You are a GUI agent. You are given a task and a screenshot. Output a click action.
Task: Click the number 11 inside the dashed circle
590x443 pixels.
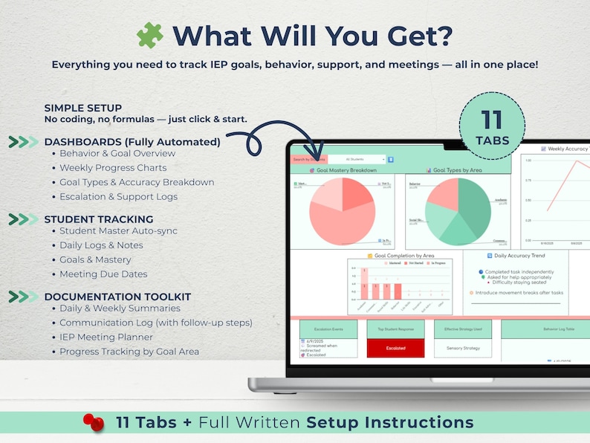491,118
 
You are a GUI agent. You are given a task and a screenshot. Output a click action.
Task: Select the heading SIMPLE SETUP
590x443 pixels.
82,108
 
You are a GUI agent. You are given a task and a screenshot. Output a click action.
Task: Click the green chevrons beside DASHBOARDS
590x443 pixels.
23,142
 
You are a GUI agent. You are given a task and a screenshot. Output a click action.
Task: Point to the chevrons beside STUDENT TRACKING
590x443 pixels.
23,219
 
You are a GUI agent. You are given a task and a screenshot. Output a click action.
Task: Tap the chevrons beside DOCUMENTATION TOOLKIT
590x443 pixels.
23,297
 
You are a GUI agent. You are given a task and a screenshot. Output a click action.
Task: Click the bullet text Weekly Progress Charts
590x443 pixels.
113,168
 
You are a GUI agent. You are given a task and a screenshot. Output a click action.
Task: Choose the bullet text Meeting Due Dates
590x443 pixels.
103,274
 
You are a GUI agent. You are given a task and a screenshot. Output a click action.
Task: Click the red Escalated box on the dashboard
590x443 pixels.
395,348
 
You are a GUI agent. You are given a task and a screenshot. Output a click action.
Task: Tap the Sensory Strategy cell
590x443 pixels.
463,348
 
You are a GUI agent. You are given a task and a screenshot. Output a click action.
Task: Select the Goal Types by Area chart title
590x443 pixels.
458,170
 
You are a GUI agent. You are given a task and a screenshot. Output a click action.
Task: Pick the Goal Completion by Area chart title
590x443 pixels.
403,255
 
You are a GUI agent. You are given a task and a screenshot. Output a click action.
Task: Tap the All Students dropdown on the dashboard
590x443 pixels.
357,159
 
